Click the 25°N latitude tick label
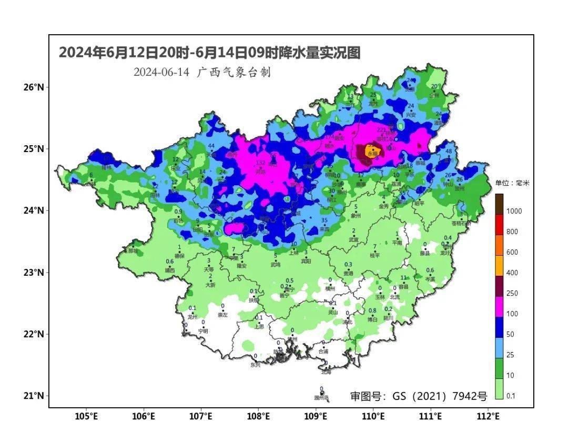(x=33, y=149)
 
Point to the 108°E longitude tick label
(x=258, y=417)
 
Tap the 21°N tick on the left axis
(x=33, y=396)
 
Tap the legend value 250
(x=512, y=293)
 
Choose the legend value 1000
(x=513, y=211)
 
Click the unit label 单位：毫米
(x=512, y=184)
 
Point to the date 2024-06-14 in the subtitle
(x=161, y=73)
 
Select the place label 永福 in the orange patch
(x=373, y=154)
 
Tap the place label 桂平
(x=374, y=255)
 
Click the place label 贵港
(x=348, y=273)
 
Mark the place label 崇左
(x=222, y=315)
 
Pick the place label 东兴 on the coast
(x=255, y=364)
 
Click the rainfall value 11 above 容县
(x=404, y=278)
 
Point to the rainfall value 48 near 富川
(x=449, y=152)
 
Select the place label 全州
(x=434, y=96)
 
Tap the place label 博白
(x=372, y=319)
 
